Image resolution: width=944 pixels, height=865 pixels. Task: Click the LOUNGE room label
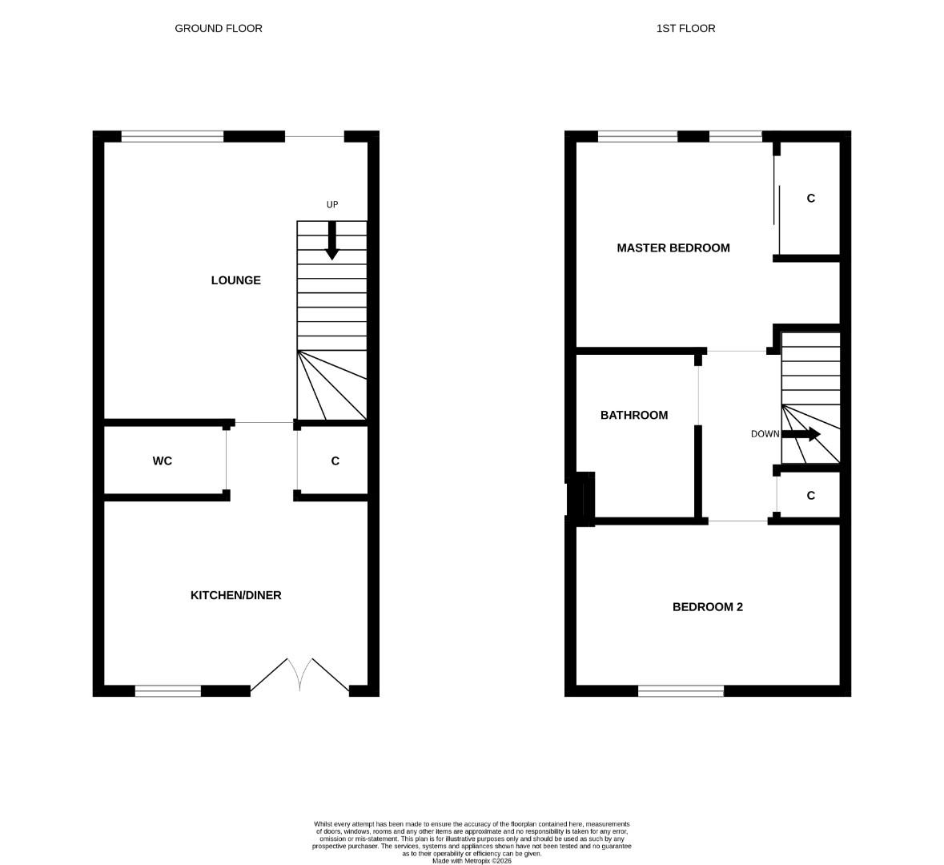click(x=235, y=280)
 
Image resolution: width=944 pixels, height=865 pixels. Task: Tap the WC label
click(x=162, y=461)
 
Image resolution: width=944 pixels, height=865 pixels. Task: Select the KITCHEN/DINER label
click(x=235, y=595)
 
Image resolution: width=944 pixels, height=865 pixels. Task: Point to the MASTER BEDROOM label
click(x=673, y=247)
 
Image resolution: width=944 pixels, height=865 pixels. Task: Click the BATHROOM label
click(x=633, y=415)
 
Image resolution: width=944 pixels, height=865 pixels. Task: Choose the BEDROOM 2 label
click(x=707, y=607)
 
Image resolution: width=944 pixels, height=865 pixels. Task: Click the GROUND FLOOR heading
click(x=219, y=28)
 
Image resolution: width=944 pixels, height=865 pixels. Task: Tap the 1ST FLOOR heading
click(x=685, y=28)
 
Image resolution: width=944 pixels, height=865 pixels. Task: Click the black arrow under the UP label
click(x=332, y=240)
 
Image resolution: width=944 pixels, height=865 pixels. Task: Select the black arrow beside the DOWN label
click(x=801, y=434)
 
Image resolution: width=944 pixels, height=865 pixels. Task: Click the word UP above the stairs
click(x=332, y=205)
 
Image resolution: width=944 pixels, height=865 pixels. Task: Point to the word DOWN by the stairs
click(x=765, y=434)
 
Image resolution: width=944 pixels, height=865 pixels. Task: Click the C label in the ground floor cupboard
click(x=335, y=461)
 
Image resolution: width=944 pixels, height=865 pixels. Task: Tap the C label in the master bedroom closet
click(x=810, y=198)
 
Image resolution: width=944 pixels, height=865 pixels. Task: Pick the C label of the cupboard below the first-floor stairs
click(x=810, y=496)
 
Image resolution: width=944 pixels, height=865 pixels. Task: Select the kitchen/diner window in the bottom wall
click(x=168, y=691)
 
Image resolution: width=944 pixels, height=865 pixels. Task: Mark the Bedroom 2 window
click(x=681, y=691)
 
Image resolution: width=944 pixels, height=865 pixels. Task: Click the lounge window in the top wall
click(x=172, y=137)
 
